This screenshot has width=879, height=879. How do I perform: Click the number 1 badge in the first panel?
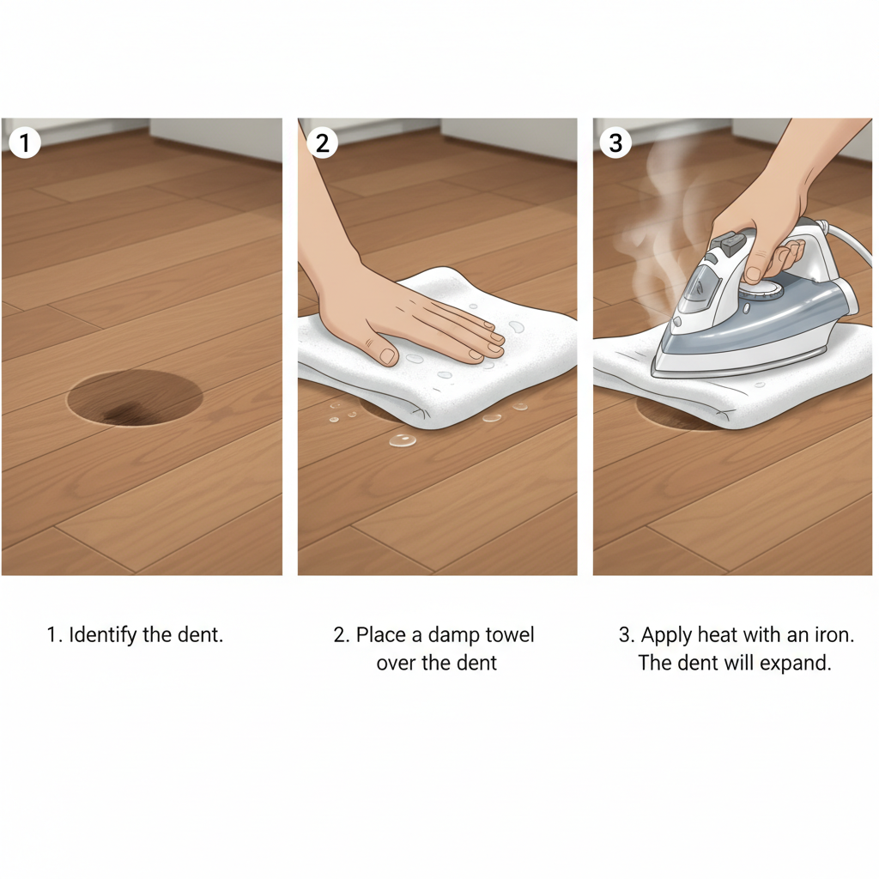pos(24,142)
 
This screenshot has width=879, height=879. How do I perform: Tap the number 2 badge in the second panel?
pos(322,142)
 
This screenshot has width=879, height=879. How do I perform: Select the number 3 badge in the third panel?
pos(615,142)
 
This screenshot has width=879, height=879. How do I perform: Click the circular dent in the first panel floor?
pos(135,398)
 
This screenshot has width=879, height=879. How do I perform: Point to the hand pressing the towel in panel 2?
pos(403,318)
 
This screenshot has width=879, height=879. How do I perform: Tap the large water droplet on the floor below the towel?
pos(402,440)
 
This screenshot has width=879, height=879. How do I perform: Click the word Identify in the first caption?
pos(100,636)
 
